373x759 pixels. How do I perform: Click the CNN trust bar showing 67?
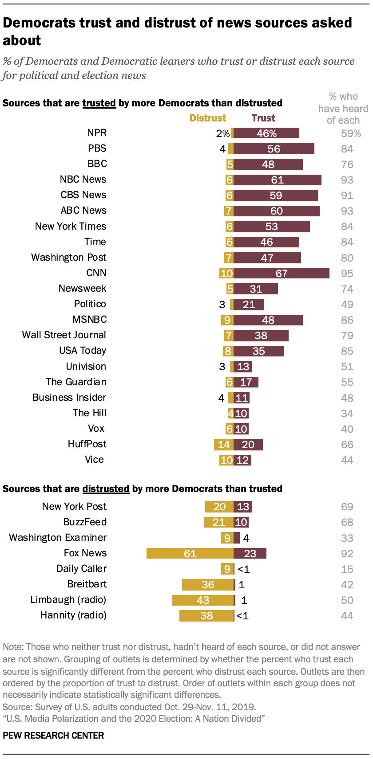[281, 273]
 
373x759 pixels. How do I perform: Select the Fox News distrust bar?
[190, 553]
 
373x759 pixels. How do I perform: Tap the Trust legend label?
[263, 118]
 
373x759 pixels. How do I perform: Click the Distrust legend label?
[208, 118]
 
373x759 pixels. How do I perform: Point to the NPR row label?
[97, 133]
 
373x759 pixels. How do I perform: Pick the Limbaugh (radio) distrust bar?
[203, 600]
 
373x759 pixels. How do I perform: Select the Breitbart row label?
[87, 584]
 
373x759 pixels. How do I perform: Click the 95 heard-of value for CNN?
[347, 273]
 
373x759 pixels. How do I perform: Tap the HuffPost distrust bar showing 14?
[224, 444]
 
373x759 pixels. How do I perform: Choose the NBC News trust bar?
[277, 180]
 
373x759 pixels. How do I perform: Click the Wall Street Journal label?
[64, 335]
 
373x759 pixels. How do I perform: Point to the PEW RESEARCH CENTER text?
[53, 736]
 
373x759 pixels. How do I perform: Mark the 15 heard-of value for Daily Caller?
[347, 569]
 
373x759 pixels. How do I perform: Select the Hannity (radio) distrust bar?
[206, 615]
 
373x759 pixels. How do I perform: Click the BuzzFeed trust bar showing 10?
[241, 522]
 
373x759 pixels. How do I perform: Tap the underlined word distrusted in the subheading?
[106, 489]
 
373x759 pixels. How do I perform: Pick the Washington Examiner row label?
[58, 538]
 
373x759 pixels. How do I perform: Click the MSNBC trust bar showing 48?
[268, 320]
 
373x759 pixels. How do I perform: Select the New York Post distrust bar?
[219, 507]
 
